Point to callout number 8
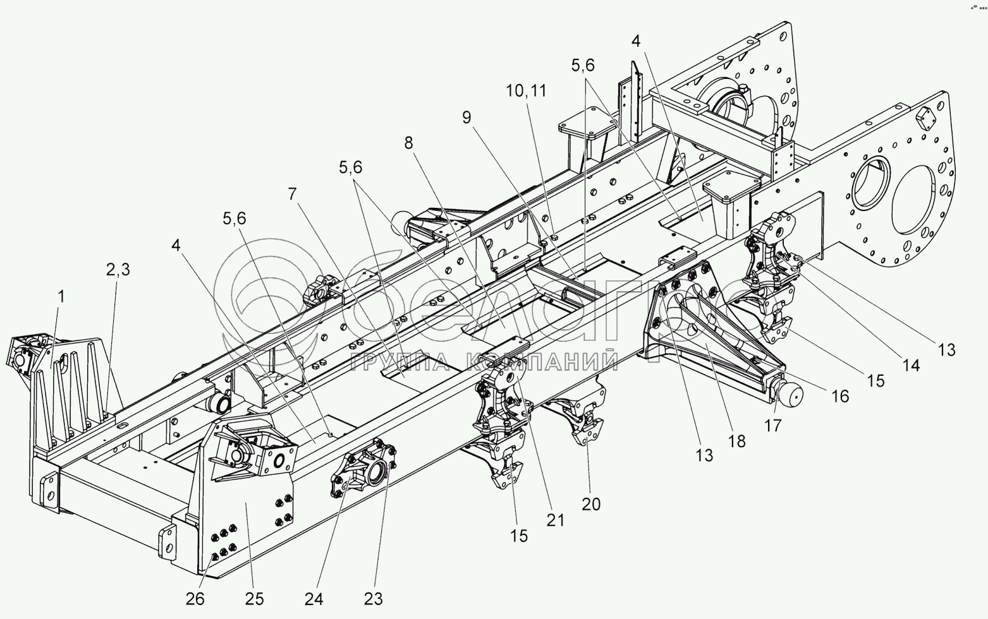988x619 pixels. click(409, 143)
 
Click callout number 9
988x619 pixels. click(467, 117)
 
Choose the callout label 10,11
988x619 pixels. click(525, 91)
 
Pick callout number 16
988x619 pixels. click(840, 396)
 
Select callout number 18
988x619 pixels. click(737, 440)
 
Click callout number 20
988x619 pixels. click(591, 503)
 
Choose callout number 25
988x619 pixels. click(254, 598)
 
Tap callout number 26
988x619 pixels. click(195, 598)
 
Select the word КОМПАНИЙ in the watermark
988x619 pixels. click(543, 361)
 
